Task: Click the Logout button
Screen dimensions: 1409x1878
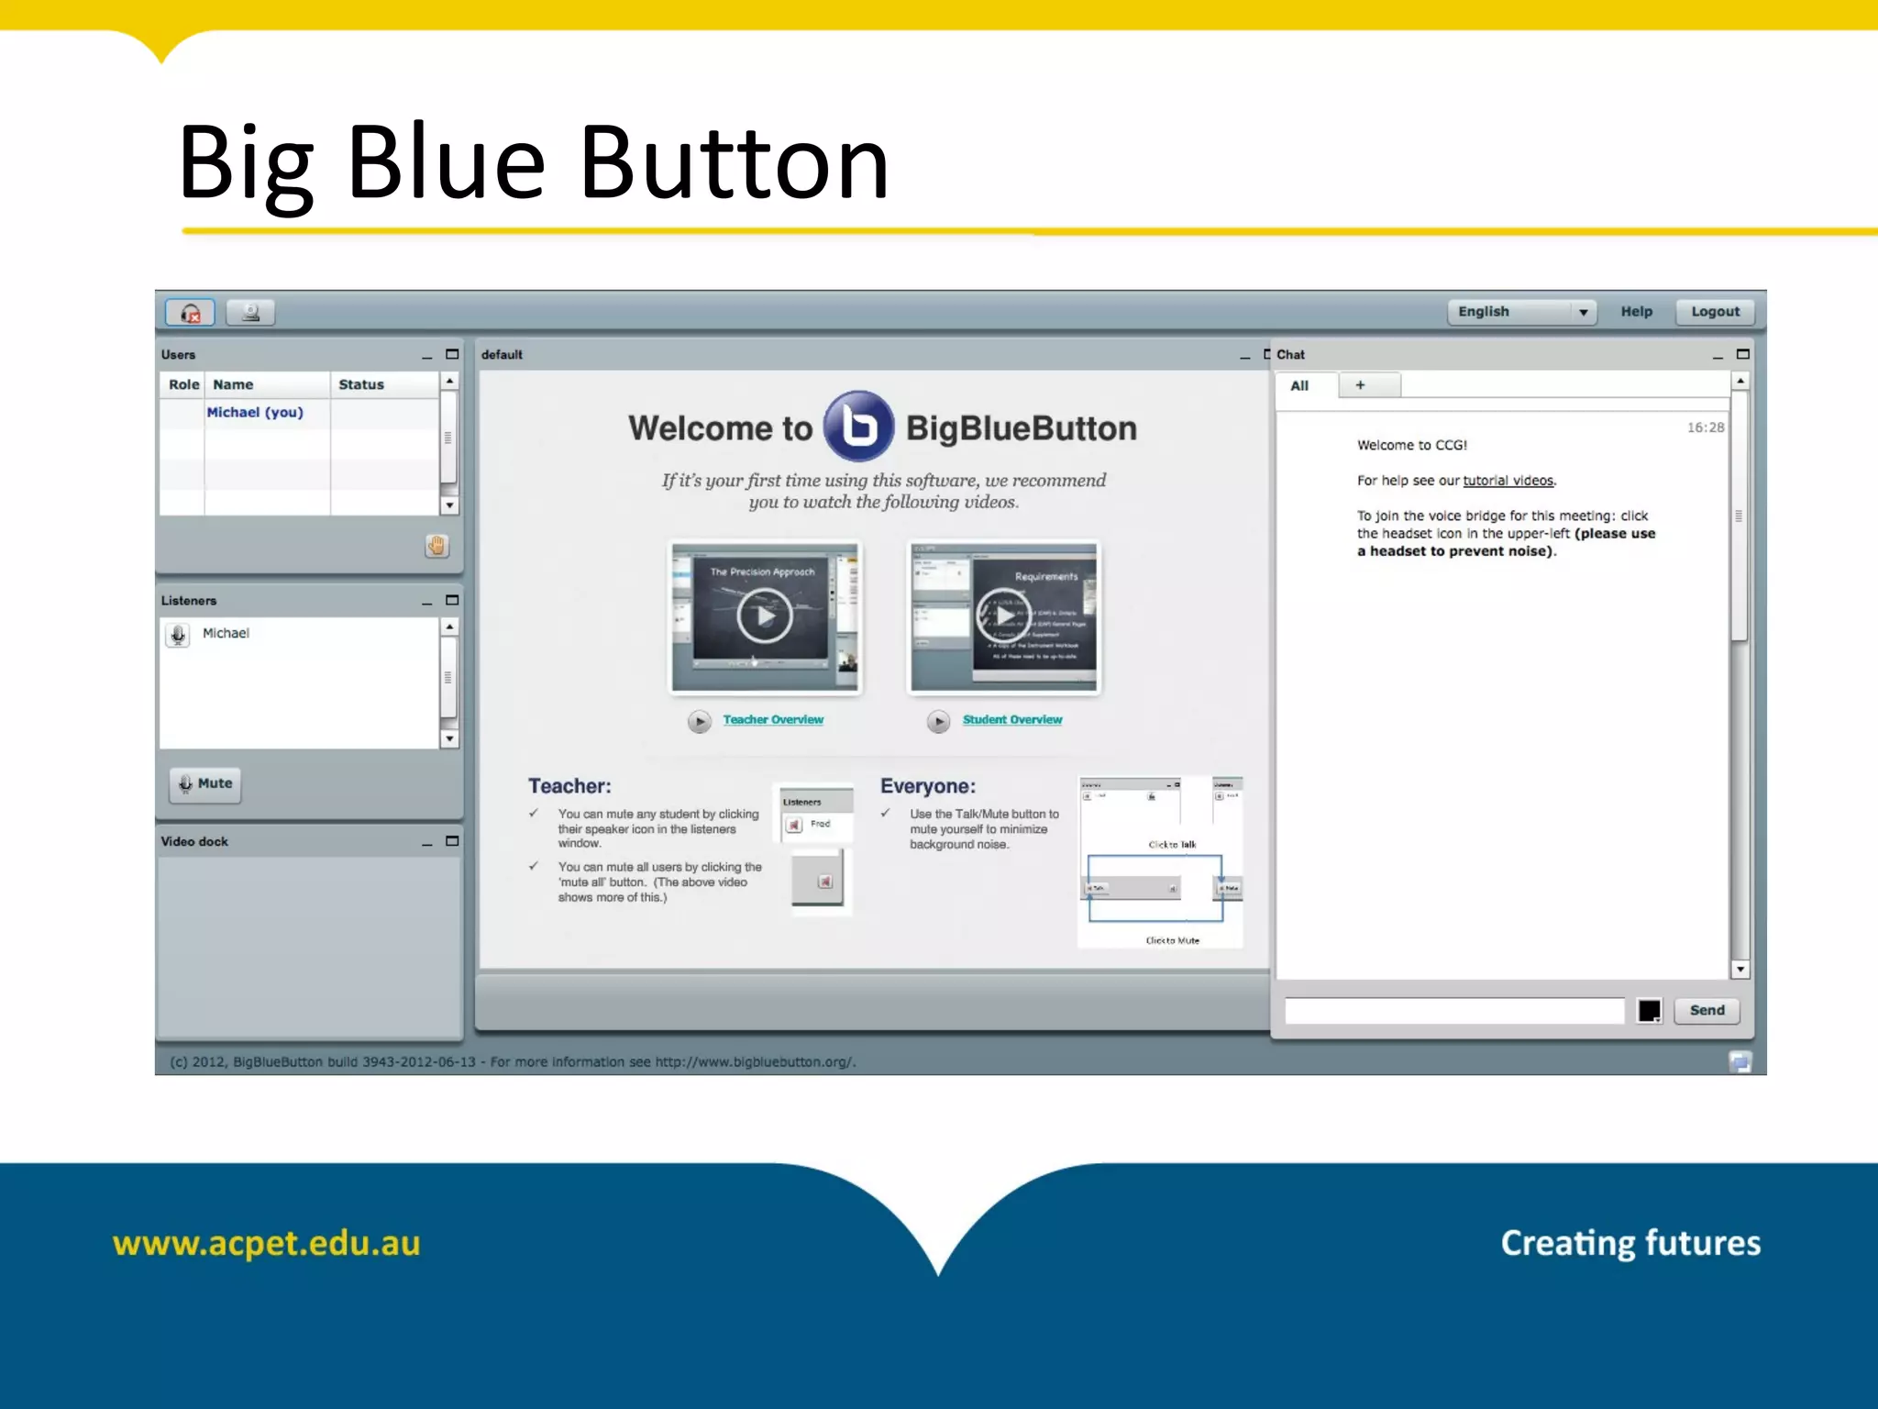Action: point(1715,312)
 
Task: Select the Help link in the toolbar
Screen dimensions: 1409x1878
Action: point(1636,312)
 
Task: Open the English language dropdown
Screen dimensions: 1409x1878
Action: point(1521,312)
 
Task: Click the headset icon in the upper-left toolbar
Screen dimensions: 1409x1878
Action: point(190,313)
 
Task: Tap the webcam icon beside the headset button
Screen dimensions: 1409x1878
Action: point(250,313)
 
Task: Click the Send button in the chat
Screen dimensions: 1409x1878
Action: point(1707,1010)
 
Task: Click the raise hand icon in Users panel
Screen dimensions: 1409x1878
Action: point(436,546)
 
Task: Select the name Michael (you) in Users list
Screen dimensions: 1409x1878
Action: point(255,413)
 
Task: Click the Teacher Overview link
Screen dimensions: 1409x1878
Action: point(773,720)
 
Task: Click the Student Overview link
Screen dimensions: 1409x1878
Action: point(1012,720)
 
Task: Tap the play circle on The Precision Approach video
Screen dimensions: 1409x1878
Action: point(764,616)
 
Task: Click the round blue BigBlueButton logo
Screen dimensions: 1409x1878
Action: point(858,427)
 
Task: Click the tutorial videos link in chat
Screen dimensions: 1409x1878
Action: point(1508,481)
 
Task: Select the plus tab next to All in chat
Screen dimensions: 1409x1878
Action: point(1361,385)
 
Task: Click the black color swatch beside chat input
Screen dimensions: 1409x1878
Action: point(1649,1011)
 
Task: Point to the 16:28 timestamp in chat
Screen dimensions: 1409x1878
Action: point(1705,427)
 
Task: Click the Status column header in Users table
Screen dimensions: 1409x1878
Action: point(361,384)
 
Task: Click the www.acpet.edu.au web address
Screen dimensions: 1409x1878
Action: point(266,1244)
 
